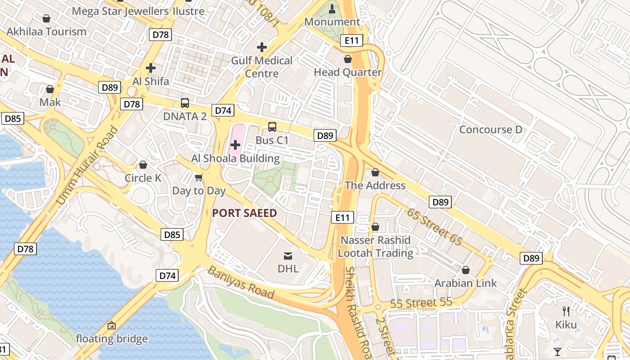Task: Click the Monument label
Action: point(332,22)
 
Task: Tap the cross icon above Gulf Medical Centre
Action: point(261,47)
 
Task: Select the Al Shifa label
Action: point(151,81)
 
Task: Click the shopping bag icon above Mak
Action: point(50,89)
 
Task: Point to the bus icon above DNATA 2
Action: point(184,103)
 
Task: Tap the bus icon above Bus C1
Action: point(272,127)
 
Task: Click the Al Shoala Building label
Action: point(235,158)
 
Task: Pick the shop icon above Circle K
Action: point(143,165)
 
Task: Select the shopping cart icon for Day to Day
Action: point(199,177)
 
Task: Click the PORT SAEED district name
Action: point(244,213)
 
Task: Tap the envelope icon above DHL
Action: point(288,256)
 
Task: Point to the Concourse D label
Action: point(490,130)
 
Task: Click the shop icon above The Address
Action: point(375,173)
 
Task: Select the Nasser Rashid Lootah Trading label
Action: point(375,247)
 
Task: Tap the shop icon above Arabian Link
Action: point(466,270)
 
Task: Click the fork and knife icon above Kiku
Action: point(566,311)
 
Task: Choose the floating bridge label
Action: point(112,339)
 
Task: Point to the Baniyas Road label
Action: point(241,283)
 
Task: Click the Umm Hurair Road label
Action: point(88,166)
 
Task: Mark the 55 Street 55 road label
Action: point(421,303)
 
